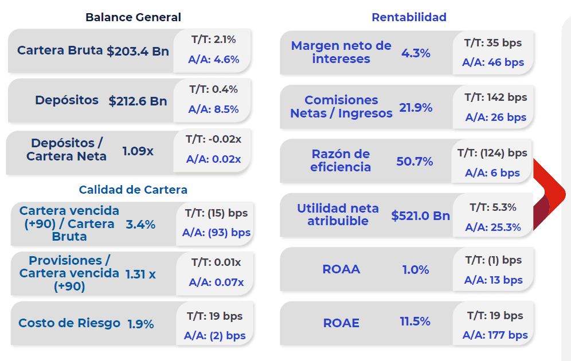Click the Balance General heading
coord(133,17)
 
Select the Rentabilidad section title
coord(409,17)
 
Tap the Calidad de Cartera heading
coord(133,190)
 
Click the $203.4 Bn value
coord(138,51)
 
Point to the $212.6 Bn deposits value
coord(138,101)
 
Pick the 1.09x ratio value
coord(138,151)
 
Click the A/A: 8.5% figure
coord(213,109)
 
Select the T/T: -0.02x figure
coord(213,139)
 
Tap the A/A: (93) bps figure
coord(216,233)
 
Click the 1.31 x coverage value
coord(140,274)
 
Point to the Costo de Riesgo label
coord(69,323)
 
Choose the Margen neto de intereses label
coord(341,52)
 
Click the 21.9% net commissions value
coord(416,108)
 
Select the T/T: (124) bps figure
coord(492,153)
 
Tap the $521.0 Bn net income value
coord(420,215)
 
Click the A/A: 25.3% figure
coord(493,227)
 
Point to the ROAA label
coord(341,269)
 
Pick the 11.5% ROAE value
coord(415,321)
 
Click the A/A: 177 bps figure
coord(495,335)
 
